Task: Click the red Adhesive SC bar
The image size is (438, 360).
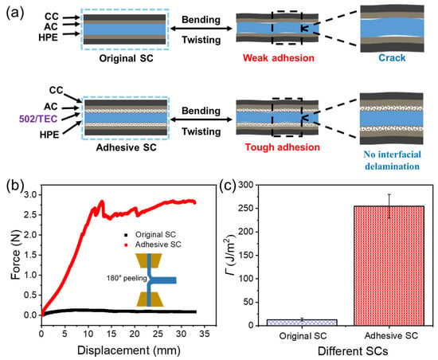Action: [x=389, y=265]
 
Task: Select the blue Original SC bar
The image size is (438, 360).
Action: [x=302, y=323]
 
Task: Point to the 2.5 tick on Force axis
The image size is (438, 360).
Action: [x=40, y=214]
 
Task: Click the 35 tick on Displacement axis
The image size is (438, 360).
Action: [x=205, y=327]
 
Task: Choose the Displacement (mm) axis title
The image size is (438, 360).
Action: [x=129, y=350]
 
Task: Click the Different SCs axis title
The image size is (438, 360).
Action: [x=353, y=351]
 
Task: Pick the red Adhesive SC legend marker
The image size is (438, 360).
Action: [x=126, y=245]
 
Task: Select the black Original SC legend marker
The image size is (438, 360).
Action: [x=126, y=235]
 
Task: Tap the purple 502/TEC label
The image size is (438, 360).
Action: [x=38, y=119]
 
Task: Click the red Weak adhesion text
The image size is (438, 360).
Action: [x=279, y=58]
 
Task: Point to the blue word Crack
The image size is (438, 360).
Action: [x=392, y=58]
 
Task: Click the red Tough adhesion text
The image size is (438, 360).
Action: [x=283, y=147]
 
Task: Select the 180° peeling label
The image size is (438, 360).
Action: [x=127, y=279]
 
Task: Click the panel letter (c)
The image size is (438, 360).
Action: [x=228, y=185]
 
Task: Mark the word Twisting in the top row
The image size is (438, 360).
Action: [x=201, y=40]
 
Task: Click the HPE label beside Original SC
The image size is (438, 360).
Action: [x=48, y=37]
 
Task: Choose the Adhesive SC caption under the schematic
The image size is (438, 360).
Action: [x=127, y=147]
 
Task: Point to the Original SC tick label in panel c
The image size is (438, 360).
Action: [x=303, y=335]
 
